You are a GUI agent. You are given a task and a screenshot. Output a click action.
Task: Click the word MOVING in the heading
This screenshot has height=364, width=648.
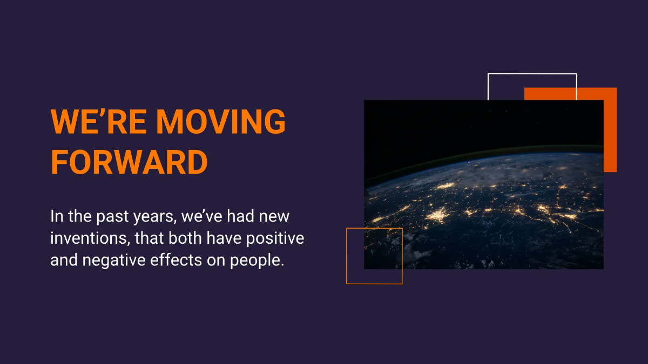(x=221, y=121)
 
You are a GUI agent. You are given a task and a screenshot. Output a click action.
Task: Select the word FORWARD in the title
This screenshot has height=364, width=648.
(x=129, y=162)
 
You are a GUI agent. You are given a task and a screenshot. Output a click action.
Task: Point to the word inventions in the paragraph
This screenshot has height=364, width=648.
(x=90, y=238)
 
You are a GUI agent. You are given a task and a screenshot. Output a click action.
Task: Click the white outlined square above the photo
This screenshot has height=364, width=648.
(x=532, y=74)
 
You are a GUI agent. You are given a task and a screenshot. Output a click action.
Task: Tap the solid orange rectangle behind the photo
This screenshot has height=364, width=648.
(x=610, y=130)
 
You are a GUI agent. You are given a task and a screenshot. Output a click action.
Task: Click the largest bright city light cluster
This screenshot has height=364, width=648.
(x=437, y=215)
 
